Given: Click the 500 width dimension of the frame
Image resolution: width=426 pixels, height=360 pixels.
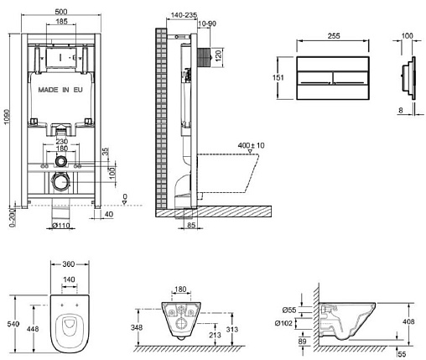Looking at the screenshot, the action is coord(61,12).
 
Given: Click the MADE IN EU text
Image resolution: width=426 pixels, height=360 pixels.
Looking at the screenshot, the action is coord(60,90).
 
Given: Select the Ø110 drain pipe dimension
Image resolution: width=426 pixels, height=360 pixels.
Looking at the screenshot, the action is coord(61,225).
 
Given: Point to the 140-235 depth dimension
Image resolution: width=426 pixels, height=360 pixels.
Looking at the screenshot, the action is coord(184,15).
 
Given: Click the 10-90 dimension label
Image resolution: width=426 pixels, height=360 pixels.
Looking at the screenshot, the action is coord(207,23).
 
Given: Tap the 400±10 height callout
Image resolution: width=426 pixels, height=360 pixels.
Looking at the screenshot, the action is coord(251,145).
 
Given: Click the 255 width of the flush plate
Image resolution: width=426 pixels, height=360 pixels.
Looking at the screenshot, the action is coord(334,36).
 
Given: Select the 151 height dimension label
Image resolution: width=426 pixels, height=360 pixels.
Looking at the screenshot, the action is coord(278,77).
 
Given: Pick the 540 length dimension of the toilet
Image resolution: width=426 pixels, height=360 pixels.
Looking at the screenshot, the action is coord(13,324).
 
